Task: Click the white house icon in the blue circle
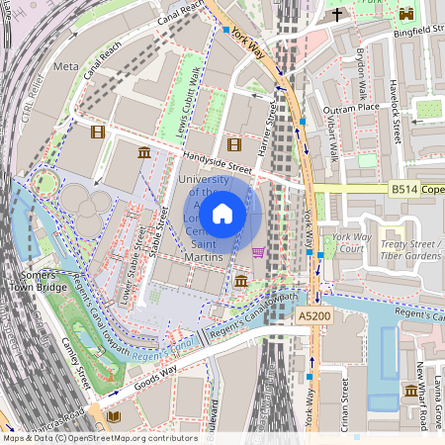pyautogui.click(x=222, y=213)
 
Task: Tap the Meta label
pyautogui.click(x=66, y=66)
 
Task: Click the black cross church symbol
pyautogui.click(x=338, y=14)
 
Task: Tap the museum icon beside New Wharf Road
pyautogui.click(x=410, y=392)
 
